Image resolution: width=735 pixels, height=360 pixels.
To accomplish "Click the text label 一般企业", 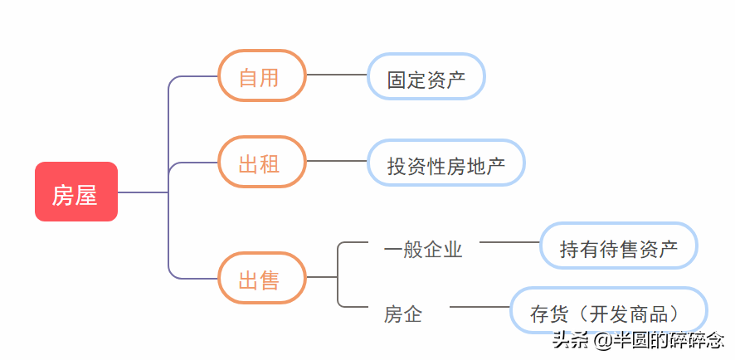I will [x=423, y=248].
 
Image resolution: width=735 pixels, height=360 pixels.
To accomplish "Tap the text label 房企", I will [x=403, y=313].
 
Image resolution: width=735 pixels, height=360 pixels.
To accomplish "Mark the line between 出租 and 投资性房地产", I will [x=337, y=161].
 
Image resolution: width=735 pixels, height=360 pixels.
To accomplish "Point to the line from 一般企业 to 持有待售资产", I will [x=509, y=242].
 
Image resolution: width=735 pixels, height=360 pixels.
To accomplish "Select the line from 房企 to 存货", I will [x=479, y=307].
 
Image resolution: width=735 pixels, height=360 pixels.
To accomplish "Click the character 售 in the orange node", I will [x=270, y=280].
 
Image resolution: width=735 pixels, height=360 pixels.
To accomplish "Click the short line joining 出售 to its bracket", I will [x=322, y=276].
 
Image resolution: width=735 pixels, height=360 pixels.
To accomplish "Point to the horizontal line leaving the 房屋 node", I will [x=143, y=192].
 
